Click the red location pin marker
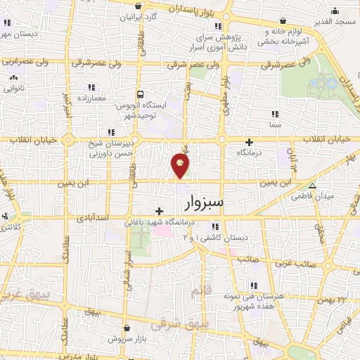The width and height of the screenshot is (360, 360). (181, 166)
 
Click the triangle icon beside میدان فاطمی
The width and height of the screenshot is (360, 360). (313, 186)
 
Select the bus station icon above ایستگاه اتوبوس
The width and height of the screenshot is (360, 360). (141, 94)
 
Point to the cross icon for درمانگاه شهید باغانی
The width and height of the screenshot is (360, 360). (160, 211)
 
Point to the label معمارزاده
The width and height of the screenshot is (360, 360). (92, 98)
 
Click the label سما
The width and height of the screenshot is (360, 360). (274, 124)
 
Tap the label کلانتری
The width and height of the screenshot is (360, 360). (11, 226)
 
